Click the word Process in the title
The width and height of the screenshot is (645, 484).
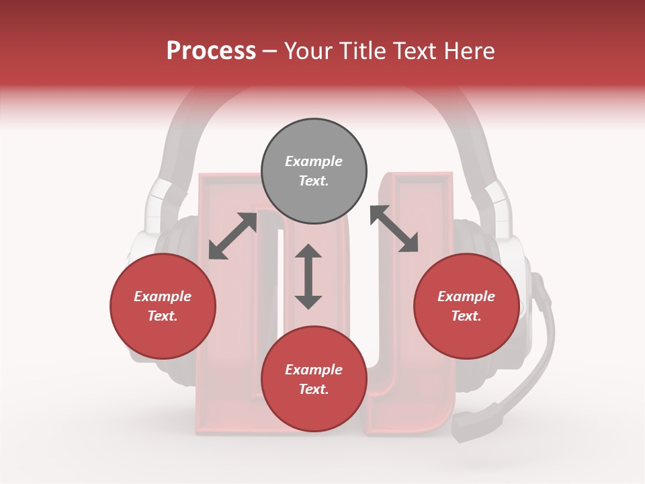pos(211,51)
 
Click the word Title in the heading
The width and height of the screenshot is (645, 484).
pos(365,51)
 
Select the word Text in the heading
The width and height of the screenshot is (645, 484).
pos(418,51)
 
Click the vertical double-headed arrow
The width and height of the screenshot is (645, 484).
pos(308,276)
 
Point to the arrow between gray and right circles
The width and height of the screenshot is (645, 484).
pos(394,229)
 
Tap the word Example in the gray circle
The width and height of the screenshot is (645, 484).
pos(314,161)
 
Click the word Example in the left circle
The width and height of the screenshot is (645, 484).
pos(163,296)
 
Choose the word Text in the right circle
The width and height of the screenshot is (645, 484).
pos(466,316)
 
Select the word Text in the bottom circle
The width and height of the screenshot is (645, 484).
pos(314,389)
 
